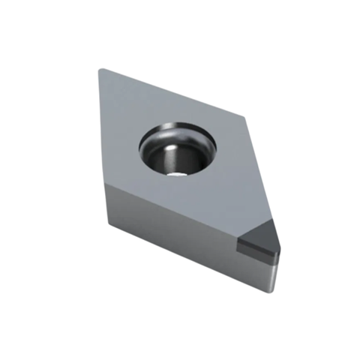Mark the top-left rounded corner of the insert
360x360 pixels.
[x=102, y=71]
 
